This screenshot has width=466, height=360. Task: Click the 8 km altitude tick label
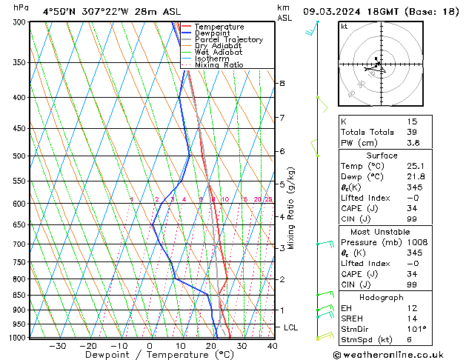tap(282, 84)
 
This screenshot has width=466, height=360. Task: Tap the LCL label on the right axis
tap(291, 327)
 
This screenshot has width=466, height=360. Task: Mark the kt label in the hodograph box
tap(344, 26)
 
